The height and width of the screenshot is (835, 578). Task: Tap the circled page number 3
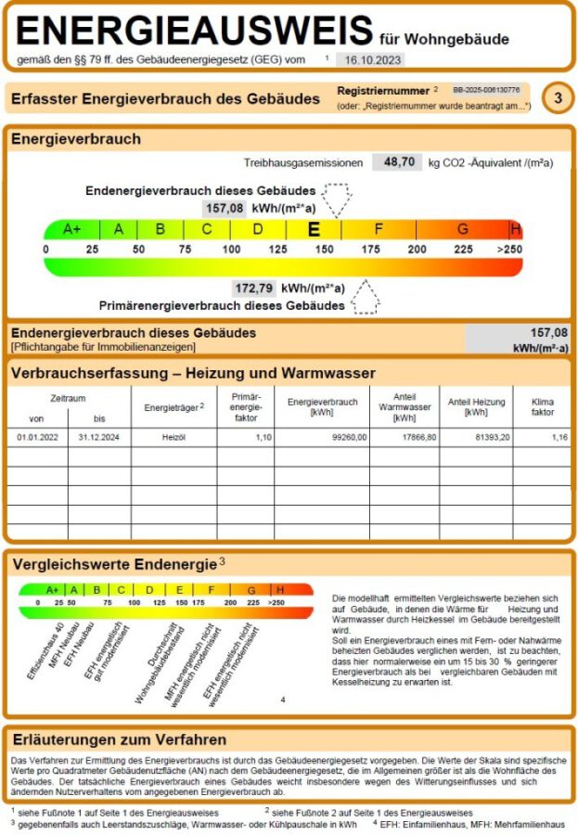tap(557, 97)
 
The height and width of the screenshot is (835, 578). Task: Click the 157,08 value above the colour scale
tap(225, 208)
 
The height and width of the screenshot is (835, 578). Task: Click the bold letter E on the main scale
tap(315, 229)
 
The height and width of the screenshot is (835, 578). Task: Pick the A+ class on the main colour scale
tap(71, 229)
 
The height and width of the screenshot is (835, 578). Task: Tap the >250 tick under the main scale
tap(509, 250)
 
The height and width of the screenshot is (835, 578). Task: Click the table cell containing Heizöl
tap(174, 437)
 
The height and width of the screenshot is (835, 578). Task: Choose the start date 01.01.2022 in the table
tap(38, 437)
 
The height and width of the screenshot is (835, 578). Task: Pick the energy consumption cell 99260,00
tap(348, 437)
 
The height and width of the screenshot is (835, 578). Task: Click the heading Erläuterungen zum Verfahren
tap(119, 739)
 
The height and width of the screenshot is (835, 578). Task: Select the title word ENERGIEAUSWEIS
tap(194, 32)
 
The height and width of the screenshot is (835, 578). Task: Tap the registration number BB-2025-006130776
tap(486, 90)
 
